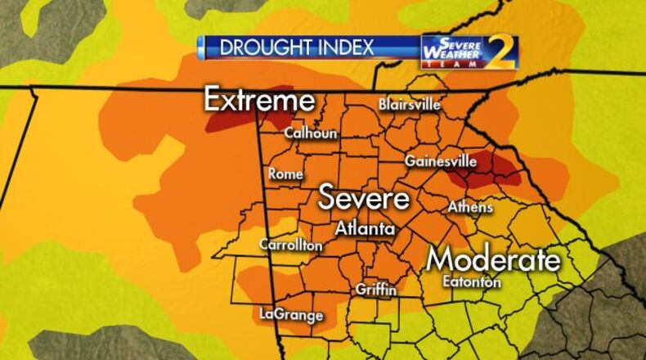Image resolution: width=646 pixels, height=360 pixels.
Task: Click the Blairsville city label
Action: coord(410,105)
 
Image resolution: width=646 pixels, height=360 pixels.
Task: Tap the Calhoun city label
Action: coord(311,133)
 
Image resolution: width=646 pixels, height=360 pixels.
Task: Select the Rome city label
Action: coord(286,173)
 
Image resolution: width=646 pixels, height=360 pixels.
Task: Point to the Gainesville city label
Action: coord(440,161)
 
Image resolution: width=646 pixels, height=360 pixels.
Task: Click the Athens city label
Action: coord(470,207)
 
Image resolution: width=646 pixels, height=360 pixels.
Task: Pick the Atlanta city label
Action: coord(366,229)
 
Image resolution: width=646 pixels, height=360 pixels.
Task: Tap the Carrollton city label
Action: coord(290,245)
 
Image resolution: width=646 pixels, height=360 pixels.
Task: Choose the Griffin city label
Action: coord(376,290)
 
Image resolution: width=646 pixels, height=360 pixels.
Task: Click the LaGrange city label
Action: coord(291,313)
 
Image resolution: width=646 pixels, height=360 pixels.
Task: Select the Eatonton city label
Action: coord(470,281)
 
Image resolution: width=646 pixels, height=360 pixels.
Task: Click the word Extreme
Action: coord(258,100)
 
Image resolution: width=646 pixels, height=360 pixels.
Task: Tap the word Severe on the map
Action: coord(363,198)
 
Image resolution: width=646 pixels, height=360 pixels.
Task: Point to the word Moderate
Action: coord(495,259)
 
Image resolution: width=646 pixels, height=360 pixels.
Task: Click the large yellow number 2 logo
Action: coord(503,52)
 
